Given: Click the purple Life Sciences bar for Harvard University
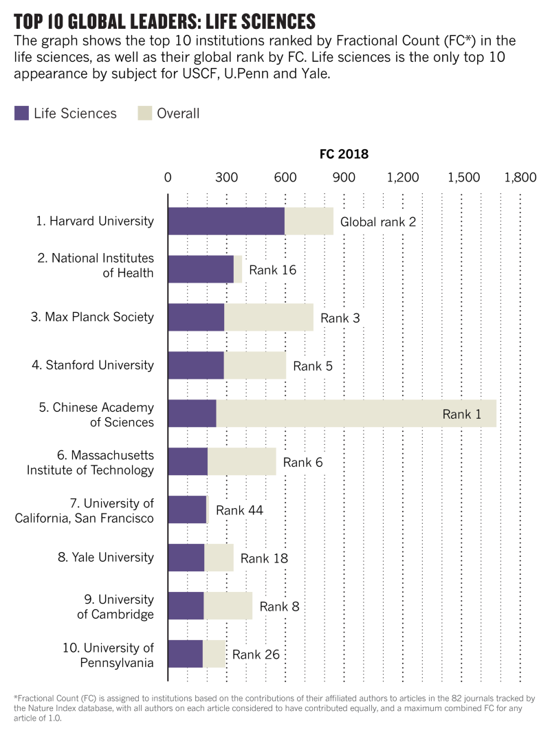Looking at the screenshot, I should point(226,221).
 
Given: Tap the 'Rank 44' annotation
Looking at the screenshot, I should point(239,510).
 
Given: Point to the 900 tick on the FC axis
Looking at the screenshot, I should point(344,177).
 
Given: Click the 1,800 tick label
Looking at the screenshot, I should point(520,177).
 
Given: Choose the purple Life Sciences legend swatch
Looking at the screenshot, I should point(21,113).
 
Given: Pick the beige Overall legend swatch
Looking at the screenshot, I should point(144,113).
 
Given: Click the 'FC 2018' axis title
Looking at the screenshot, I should point(344,154).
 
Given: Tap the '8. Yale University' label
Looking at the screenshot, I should point(106,558).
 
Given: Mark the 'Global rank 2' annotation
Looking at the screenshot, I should point(378,221).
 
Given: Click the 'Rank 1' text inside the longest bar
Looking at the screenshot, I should point(461,414).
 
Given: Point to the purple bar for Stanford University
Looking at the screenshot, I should point(196,365).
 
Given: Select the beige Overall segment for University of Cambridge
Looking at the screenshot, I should point(228,606).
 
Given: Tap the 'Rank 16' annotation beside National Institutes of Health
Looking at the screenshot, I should point(272,270).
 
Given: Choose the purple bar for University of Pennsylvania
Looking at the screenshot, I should point(185,654).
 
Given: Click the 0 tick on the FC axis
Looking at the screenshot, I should point(168,177).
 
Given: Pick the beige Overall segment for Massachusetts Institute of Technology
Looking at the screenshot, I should point(241,461).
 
